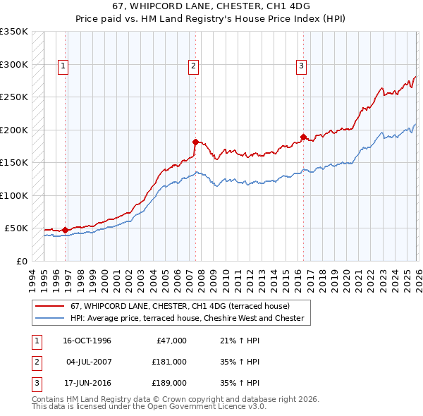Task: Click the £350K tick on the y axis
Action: (x=14, y=32)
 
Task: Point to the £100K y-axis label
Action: (x=14, y=195)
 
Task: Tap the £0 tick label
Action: (x=21, y=261)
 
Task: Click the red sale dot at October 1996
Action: (x=66, y=230)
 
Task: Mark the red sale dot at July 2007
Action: (x=195, y=142)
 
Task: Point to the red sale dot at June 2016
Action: (x=304, y=137)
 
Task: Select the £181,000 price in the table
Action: (x=169, y=362)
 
